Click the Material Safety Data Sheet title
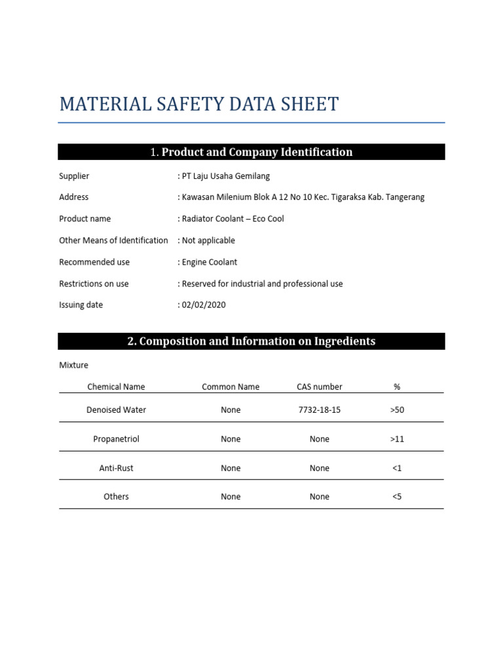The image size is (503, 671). click(x=199, y=104)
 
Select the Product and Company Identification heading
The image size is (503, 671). click(x=251, y=152)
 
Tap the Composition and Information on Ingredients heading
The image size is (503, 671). click(x=251, y=341)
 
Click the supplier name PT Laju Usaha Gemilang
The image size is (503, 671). click(x=225, y=176)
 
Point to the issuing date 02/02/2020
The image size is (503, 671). click(x=204, y=305)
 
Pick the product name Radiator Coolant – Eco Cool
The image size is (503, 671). click(x=233, y=219)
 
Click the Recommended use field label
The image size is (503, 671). click(x=94, y=262)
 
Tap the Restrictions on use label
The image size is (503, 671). click(x=94, y=284)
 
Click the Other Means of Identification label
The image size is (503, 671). click(x=113, y=240)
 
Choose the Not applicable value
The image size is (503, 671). click(x=208, y=240)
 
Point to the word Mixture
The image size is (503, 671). click(x=73, y=365)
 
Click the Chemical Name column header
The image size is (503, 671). click(x=116, y=387)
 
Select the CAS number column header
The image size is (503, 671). click(x=319, y=387)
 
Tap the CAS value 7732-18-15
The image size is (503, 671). click(x=319, y=410)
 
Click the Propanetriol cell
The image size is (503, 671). click(x=116, y=439)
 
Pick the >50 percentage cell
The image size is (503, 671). click(x=397, y=410)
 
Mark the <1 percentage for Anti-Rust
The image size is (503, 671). click(x=397, y=468)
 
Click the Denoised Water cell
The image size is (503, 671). click(x=116, y=410)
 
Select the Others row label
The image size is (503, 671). click(x=116, y=497)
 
